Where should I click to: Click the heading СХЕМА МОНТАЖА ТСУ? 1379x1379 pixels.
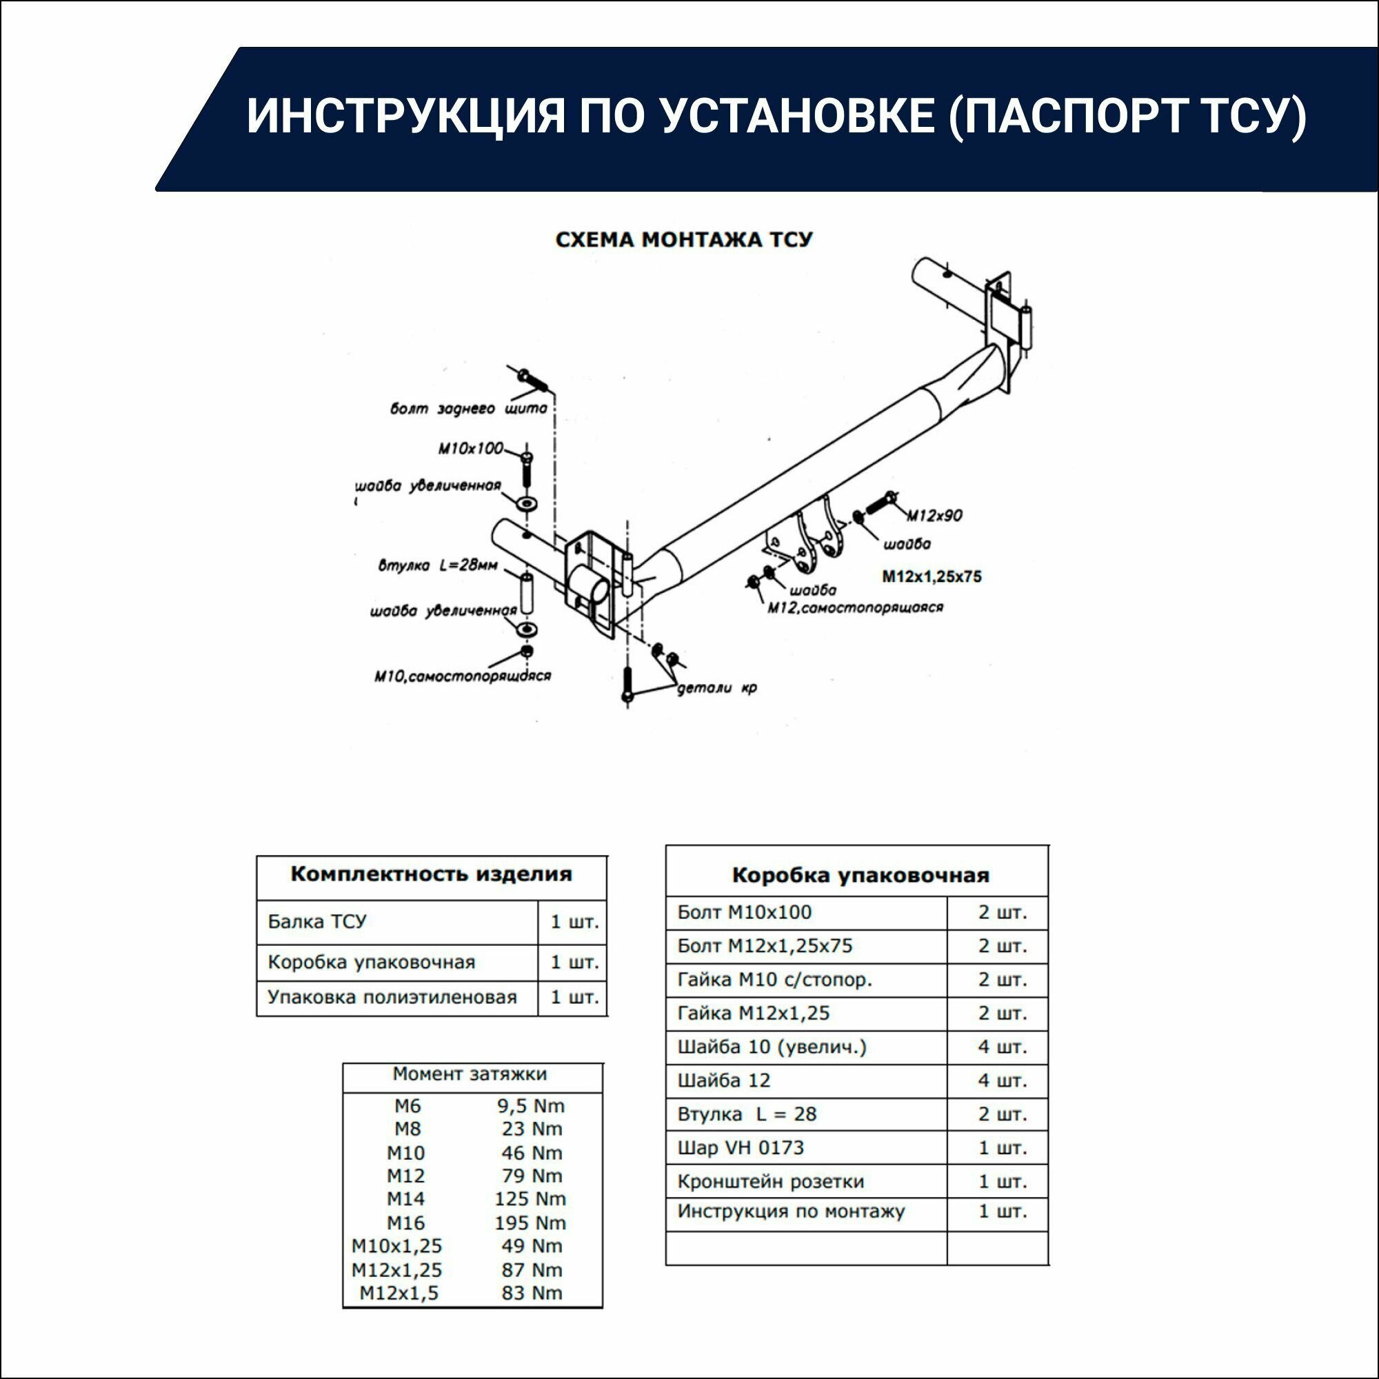684,240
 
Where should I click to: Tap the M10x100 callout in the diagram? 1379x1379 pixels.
470,449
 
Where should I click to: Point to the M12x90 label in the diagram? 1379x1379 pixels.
934,514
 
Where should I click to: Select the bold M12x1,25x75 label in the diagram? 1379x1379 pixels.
932,576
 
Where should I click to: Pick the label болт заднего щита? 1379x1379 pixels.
468,409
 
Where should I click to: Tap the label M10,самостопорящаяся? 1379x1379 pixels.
463,675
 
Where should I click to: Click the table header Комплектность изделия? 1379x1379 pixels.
431,874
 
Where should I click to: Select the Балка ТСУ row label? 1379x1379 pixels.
317,921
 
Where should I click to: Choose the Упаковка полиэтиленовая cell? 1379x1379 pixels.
392,997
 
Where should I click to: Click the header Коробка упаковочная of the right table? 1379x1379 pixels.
860,875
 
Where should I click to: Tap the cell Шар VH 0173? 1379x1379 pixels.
740,1148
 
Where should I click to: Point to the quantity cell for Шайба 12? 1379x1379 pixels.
1001,1080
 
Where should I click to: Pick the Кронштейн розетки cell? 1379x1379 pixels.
770,1181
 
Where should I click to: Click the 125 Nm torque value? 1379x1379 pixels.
530,1198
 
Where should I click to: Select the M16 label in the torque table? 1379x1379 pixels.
405,1222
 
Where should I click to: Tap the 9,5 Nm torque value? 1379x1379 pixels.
530,1106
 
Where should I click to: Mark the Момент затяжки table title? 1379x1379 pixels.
470,1074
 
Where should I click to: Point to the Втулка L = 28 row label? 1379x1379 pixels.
747,1114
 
